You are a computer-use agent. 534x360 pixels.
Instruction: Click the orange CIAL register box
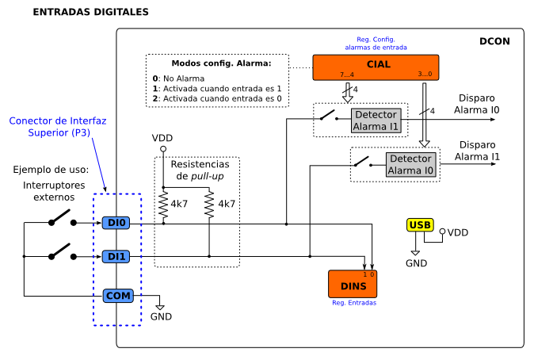(x=376, y=67)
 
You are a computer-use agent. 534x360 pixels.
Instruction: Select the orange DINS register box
(x=352, y=284)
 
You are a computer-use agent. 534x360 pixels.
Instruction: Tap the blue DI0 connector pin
(x=117, y=224)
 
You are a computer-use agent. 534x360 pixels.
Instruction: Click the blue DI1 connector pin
(x=117, y=256)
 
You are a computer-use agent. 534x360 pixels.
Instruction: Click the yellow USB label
(x=420, y=225)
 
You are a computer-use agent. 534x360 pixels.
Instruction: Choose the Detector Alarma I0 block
(x=410, y=164)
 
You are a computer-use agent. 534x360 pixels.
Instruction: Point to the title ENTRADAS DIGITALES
(x=90, y=13)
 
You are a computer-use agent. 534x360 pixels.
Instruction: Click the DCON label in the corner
(x=495, y=41)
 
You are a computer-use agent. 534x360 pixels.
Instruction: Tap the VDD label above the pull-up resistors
(x=162, y=138)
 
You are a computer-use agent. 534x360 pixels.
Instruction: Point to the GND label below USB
(x=416, y=263)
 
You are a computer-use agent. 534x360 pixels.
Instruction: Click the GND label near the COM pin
(x=161, y=316)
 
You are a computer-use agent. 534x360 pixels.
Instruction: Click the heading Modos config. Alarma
(x=221, y=63)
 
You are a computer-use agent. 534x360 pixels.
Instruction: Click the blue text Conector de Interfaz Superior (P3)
(x=57, y=127)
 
